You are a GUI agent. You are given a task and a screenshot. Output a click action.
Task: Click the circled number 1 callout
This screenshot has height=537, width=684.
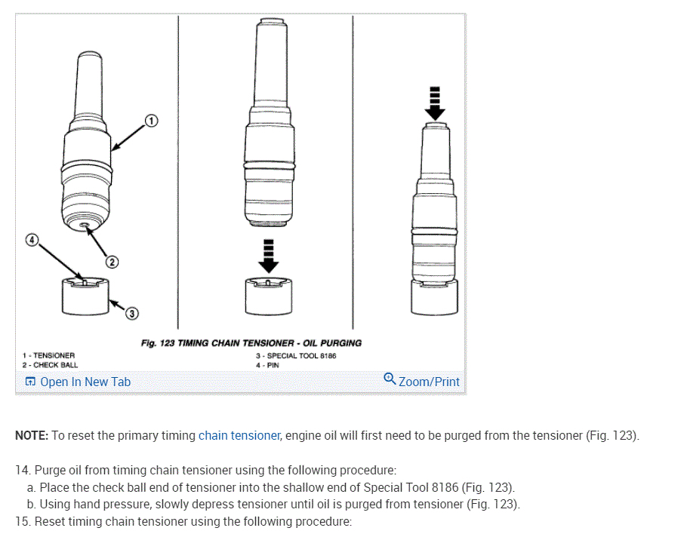[151, 121]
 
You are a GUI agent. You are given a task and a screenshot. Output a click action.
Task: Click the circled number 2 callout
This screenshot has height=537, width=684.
[112, 262]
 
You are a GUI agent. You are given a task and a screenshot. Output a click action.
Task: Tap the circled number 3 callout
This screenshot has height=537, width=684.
[131, 314]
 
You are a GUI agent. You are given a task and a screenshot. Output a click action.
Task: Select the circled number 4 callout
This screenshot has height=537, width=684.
[32, 240]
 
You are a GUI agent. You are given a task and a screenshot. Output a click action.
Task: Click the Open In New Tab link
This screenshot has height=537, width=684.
[78, 382]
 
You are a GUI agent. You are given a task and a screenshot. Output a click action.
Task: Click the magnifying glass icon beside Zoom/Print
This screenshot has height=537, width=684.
[390, 379]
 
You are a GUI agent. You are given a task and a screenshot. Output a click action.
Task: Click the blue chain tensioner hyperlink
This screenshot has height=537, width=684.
[239, 435]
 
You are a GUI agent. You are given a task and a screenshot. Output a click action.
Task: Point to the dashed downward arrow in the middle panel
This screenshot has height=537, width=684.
[269, 256]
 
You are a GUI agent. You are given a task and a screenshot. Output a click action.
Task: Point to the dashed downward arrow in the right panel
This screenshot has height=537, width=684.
[435, 104]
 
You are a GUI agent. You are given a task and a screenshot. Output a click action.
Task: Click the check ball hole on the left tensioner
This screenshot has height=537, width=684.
[85, 225]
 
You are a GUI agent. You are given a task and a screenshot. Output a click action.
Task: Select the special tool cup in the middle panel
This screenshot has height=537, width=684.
[269, 296]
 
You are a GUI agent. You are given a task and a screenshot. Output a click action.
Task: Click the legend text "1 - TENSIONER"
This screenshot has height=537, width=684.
[49, 356]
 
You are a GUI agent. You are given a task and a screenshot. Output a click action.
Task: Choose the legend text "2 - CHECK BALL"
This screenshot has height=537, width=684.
[50, 365]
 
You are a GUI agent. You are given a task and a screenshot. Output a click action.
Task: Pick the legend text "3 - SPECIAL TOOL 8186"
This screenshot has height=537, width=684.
[296, 356]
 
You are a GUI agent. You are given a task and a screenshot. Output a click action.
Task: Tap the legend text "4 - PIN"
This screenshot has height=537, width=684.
[267, 365]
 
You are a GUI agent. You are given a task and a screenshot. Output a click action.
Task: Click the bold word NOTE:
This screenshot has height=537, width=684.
[32, 435]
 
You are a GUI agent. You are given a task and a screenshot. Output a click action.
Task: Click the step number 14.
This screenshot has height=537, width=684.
[23, 471]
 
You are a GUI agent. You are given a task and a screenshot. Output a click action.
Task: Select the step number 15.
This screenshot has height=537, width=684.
[23, 521]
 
